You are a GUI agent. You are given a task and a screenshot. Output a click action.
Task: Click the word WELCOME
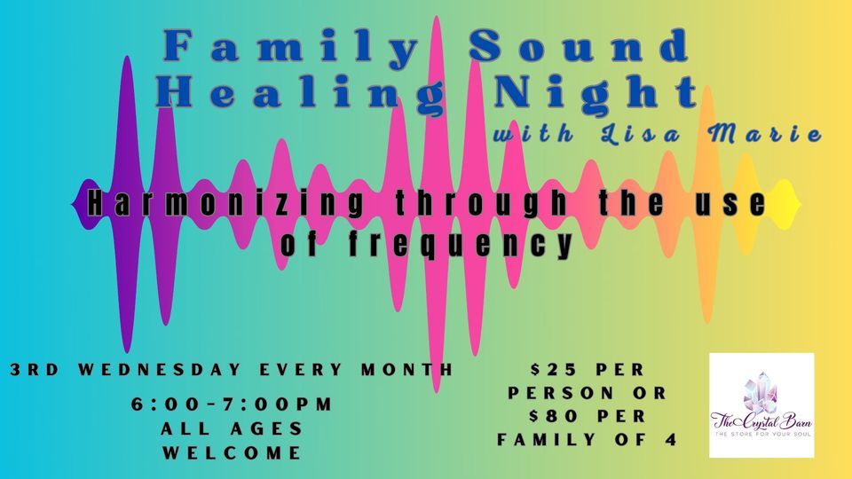pyautogui.click(x=232, y=452)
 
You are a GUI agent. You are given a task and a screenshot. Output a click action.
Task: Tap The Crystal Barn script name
pyautogui.click(x=761, y=422)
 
